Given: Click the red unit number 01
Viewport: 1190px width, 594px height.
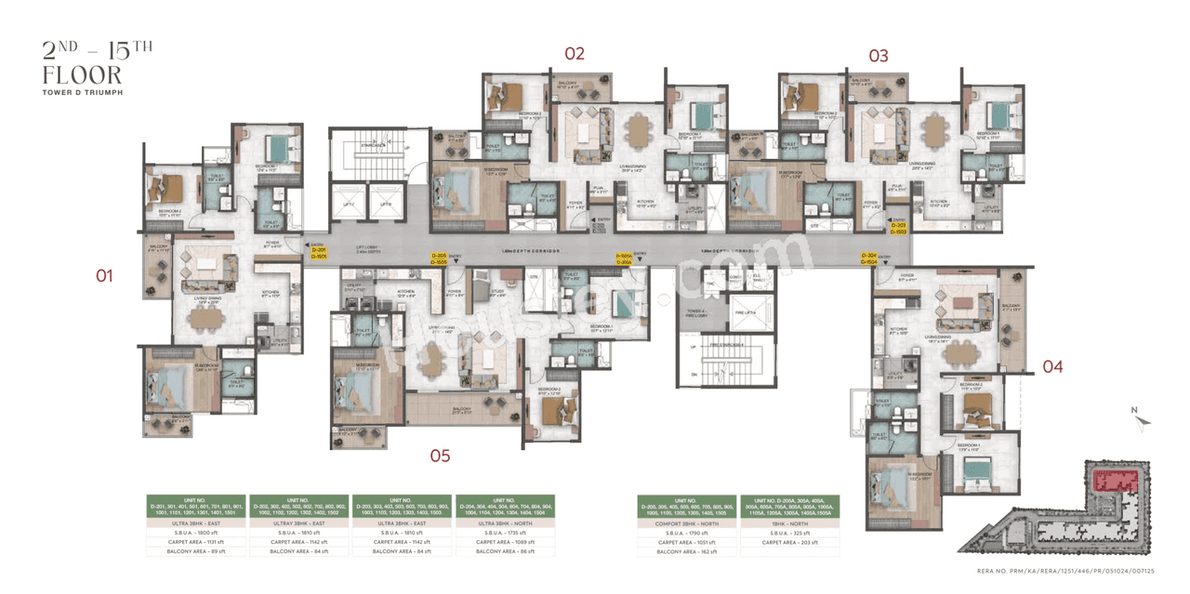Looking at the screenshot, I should [x=104, y=275].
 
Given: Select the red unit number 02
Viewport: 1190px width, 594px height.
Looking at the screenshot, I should [x=575, y=54].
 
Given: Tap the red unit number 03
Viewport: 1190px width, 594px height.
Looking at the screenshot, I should [x=878, y=56].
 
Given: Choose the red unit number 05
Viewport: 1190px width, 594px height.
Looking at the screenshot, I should [x=440, y=455].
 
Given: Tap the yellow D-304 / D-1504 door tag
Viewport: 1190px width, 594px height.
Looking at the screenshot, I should [x=869, y=259].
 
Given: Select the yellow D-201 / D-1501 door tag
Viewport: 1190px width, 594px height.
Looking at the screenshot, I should [x=319, y=253].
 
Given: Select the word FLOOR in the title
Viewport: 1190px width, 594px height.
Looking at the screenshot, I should [x=82, y=74].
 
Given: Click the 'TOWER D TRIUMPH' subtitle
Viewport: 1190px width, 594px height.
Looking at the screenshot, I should [x=83, y=93].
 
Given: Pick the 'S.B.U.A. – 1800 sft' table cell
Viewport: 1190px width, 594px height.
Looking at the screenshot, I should [x=195, y=531].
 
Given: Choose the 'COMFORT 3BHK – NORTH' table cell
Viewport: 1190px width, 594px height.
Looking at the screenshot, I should [x=686, y=523].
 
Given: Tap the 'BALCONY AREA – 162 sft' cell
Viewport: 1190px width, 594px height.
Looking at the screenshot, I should [x=686, y=551].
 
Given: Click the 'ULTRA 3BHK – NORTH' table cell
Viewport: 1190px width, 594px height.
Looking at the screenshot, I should [x=504, y=523].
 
